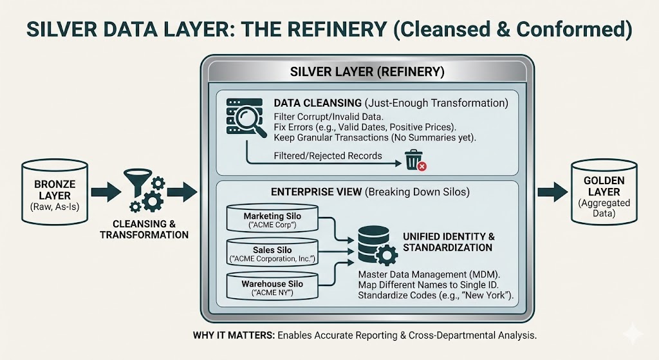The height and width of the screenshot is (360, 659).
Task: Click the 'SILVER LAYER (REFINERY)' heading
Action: pos(367,72)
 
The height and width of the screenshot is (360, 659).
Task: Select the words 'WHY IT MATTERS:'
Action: pos(228,336)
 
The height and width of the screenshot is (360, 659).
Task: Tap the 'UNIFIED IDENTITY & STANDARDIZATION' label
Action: pos(447,242)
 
